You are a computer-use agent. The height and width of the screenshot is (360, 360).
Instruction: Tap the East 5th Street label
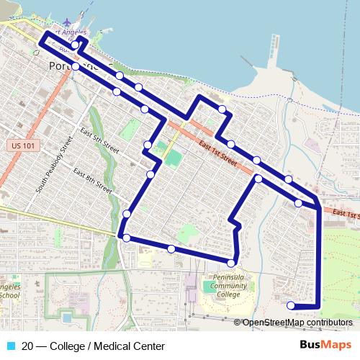coord(99,140)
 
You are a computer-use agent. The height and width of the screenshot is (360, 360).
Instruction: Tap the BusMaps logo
coord(325,346)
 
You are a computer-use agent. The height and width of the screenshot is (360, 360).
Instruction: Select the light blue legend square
coord(11,346)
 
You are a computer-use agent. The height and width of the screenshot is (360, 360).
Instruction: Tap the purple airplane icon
coord(68,22)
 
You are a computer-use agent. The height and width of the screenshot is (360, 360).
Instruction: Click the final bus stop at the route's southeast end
coord(292,305)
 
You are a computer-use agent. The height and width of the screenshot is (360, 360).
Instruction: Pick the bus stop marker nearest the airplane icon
coord(76,45)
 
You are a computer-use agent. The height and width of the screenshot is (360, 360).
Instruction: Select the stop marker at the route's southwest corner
coord(126,238)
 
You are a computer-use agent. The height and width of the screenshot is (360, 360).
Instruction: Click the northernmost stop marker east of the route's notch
coord(222,109)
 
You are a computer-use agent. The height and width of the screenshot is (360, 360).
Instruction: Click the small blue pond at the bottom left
coord(67,317)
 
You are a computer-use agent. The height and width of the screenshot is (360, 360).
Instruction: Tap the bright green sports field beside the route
coord(173,157)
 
